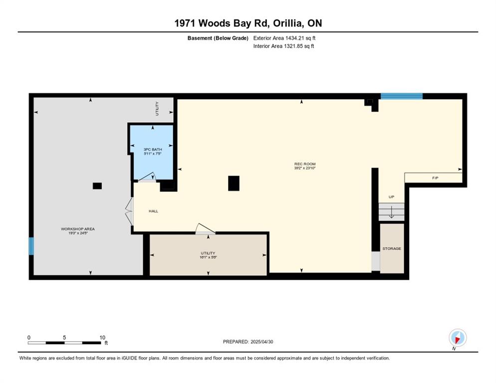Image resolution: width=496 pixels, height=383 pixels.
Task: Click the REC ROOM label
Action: point(305,164)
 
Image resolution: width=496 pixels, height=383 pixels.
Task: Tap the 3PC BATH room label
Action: point(153,149)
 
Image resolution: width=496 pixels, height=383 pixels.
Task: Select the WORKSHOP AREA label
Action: point(78,229)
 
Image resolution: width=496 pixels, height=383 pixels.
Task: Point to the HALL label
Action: point(153,211)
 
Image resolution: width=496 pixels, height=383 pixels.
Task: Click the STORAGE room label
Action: point(392,248)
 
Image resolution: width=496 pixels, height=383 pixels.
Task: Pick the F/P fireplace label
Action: point(435,178)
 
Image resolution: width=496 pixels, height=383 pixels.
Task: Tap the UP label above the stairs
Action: point(391,196)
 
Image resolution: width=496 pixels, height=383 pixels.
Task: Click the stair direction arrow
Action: point(391,211)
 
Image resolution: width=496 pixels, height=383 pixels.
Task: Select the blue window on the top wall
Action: point(401,96)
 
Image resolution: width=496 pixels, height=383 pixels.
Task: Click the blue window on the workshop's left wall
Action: point(31,246)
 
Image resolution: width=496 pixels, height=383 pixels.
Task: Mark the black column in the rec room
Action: point(234,184)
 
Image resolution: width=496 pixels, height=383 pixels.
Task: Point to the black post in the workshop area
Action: point(97,186)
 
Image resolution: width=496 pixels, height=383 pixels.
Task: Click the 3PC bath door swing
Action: point(147,178)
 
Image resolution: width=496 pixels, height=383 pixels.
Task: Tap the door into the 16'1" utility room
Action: point(205,229)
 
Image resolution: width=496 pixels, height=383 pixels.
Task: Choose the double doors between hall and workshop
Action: point(129,211)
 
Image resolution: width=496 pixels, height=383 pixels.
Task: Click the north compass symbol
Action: point(458,338)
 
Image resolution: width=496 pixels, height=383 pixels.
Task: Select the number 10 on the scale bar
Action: point(102,338)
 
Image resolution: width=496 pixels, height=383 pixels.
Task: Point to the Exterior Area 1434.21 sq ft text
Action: point(284,38)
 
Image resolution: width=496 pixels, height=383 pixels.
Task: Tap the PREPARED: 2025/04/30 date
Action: point(248,342)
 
